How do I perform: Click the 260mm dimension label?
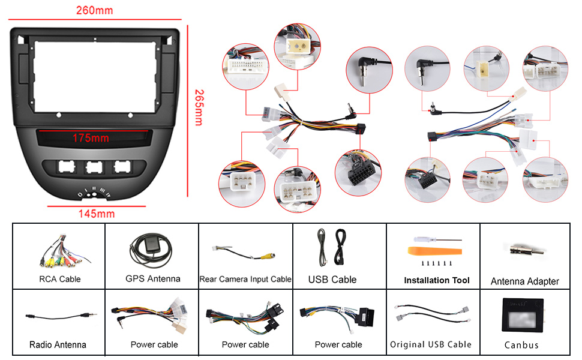(x=94, y=10)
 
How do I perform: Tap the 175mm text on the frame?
(x=91, y=138)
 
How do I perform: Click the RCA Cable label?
(x=59, y=279)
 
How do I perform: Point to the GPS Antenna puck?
(x=144, y=244)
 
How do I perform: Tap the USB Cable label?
(x=332, y=279)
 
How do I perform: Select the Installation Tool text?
(x=437, y=280)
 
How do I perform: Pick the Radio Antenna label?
(x=58, y=345)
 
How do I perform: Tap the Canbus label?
(x=521, y=345)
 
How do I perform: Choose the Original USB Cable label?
(x=431, y=344)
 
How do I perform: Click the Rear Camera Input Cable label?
(x=245, y=279)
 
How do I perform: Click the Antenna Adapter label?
(x=524, y=281)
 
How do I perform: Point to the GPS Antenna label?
(x=152, y=278)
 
